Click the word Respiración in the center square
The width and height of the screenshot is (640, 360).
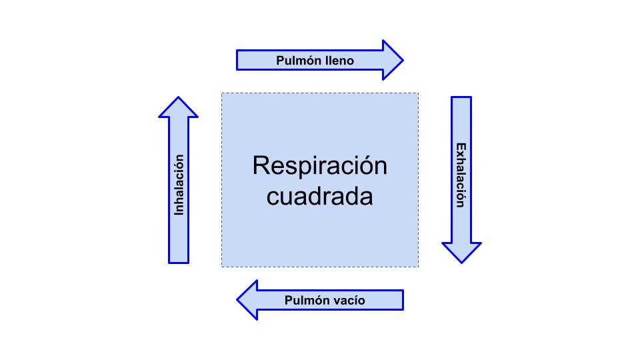[x=319, y=165]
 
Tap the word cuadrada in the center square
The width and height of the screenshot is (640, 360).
[x=319, y=197]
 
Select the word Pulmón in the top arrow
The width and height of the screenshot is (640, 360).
[x=298, y=61]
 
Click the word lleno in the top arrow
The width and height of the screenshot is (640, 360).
[x=339, y=61]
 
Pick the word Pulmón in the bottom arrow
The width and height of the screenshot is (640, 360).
[x=306, y=300]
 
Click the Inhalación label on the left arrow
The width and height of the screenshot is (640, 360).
[x=179, y=185]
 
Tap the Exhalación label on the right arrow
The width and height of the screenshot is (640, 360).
[x=460, y=175]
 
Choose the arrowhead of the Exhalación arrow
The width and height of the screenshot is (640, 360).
[x=461, y=252]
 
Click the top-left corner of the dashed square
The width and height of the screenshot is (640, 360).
[x=222, y=93]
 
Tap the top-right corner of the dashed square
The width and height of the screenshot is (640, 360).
[x=418, y=93]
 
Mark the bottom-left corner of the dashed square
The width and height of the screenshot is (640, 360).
[x=222, y=267]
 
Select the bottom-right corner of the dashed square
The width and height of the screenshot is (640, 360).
[x=418, y=267]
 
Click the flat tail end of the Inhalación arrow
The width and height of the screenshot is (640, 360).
[x=178, y=261]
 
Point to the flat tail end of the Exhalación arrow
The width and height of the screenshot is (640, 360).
[x=461, y=98]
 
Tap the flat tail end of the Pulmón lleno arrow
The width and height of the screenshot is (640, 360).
[x=238, y=60]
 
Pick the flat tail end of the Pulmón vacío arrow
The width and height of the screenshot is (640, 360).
[x=402, y=300]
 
